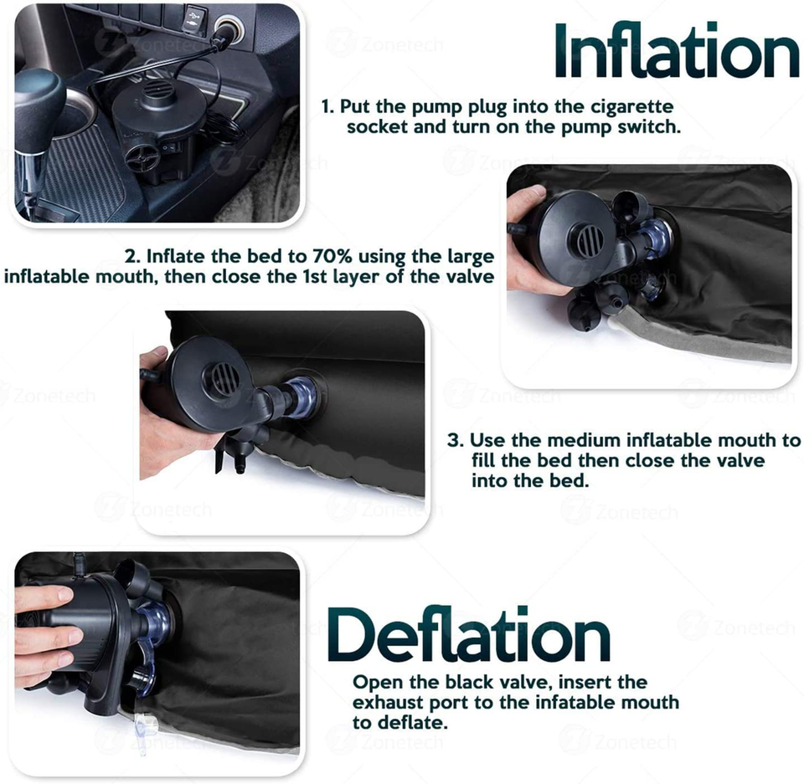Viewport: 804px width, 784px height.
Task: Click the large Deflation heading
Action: [x=469, y=636]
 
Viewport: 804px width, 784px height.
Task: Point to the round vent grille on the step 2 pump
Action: [x=586, y=239]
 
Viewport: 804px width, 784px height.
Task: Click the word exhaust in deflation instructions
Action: [x=388, y=703]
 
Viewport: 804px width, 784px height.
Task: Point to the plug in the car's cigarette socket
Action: [x=224, y=35]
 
